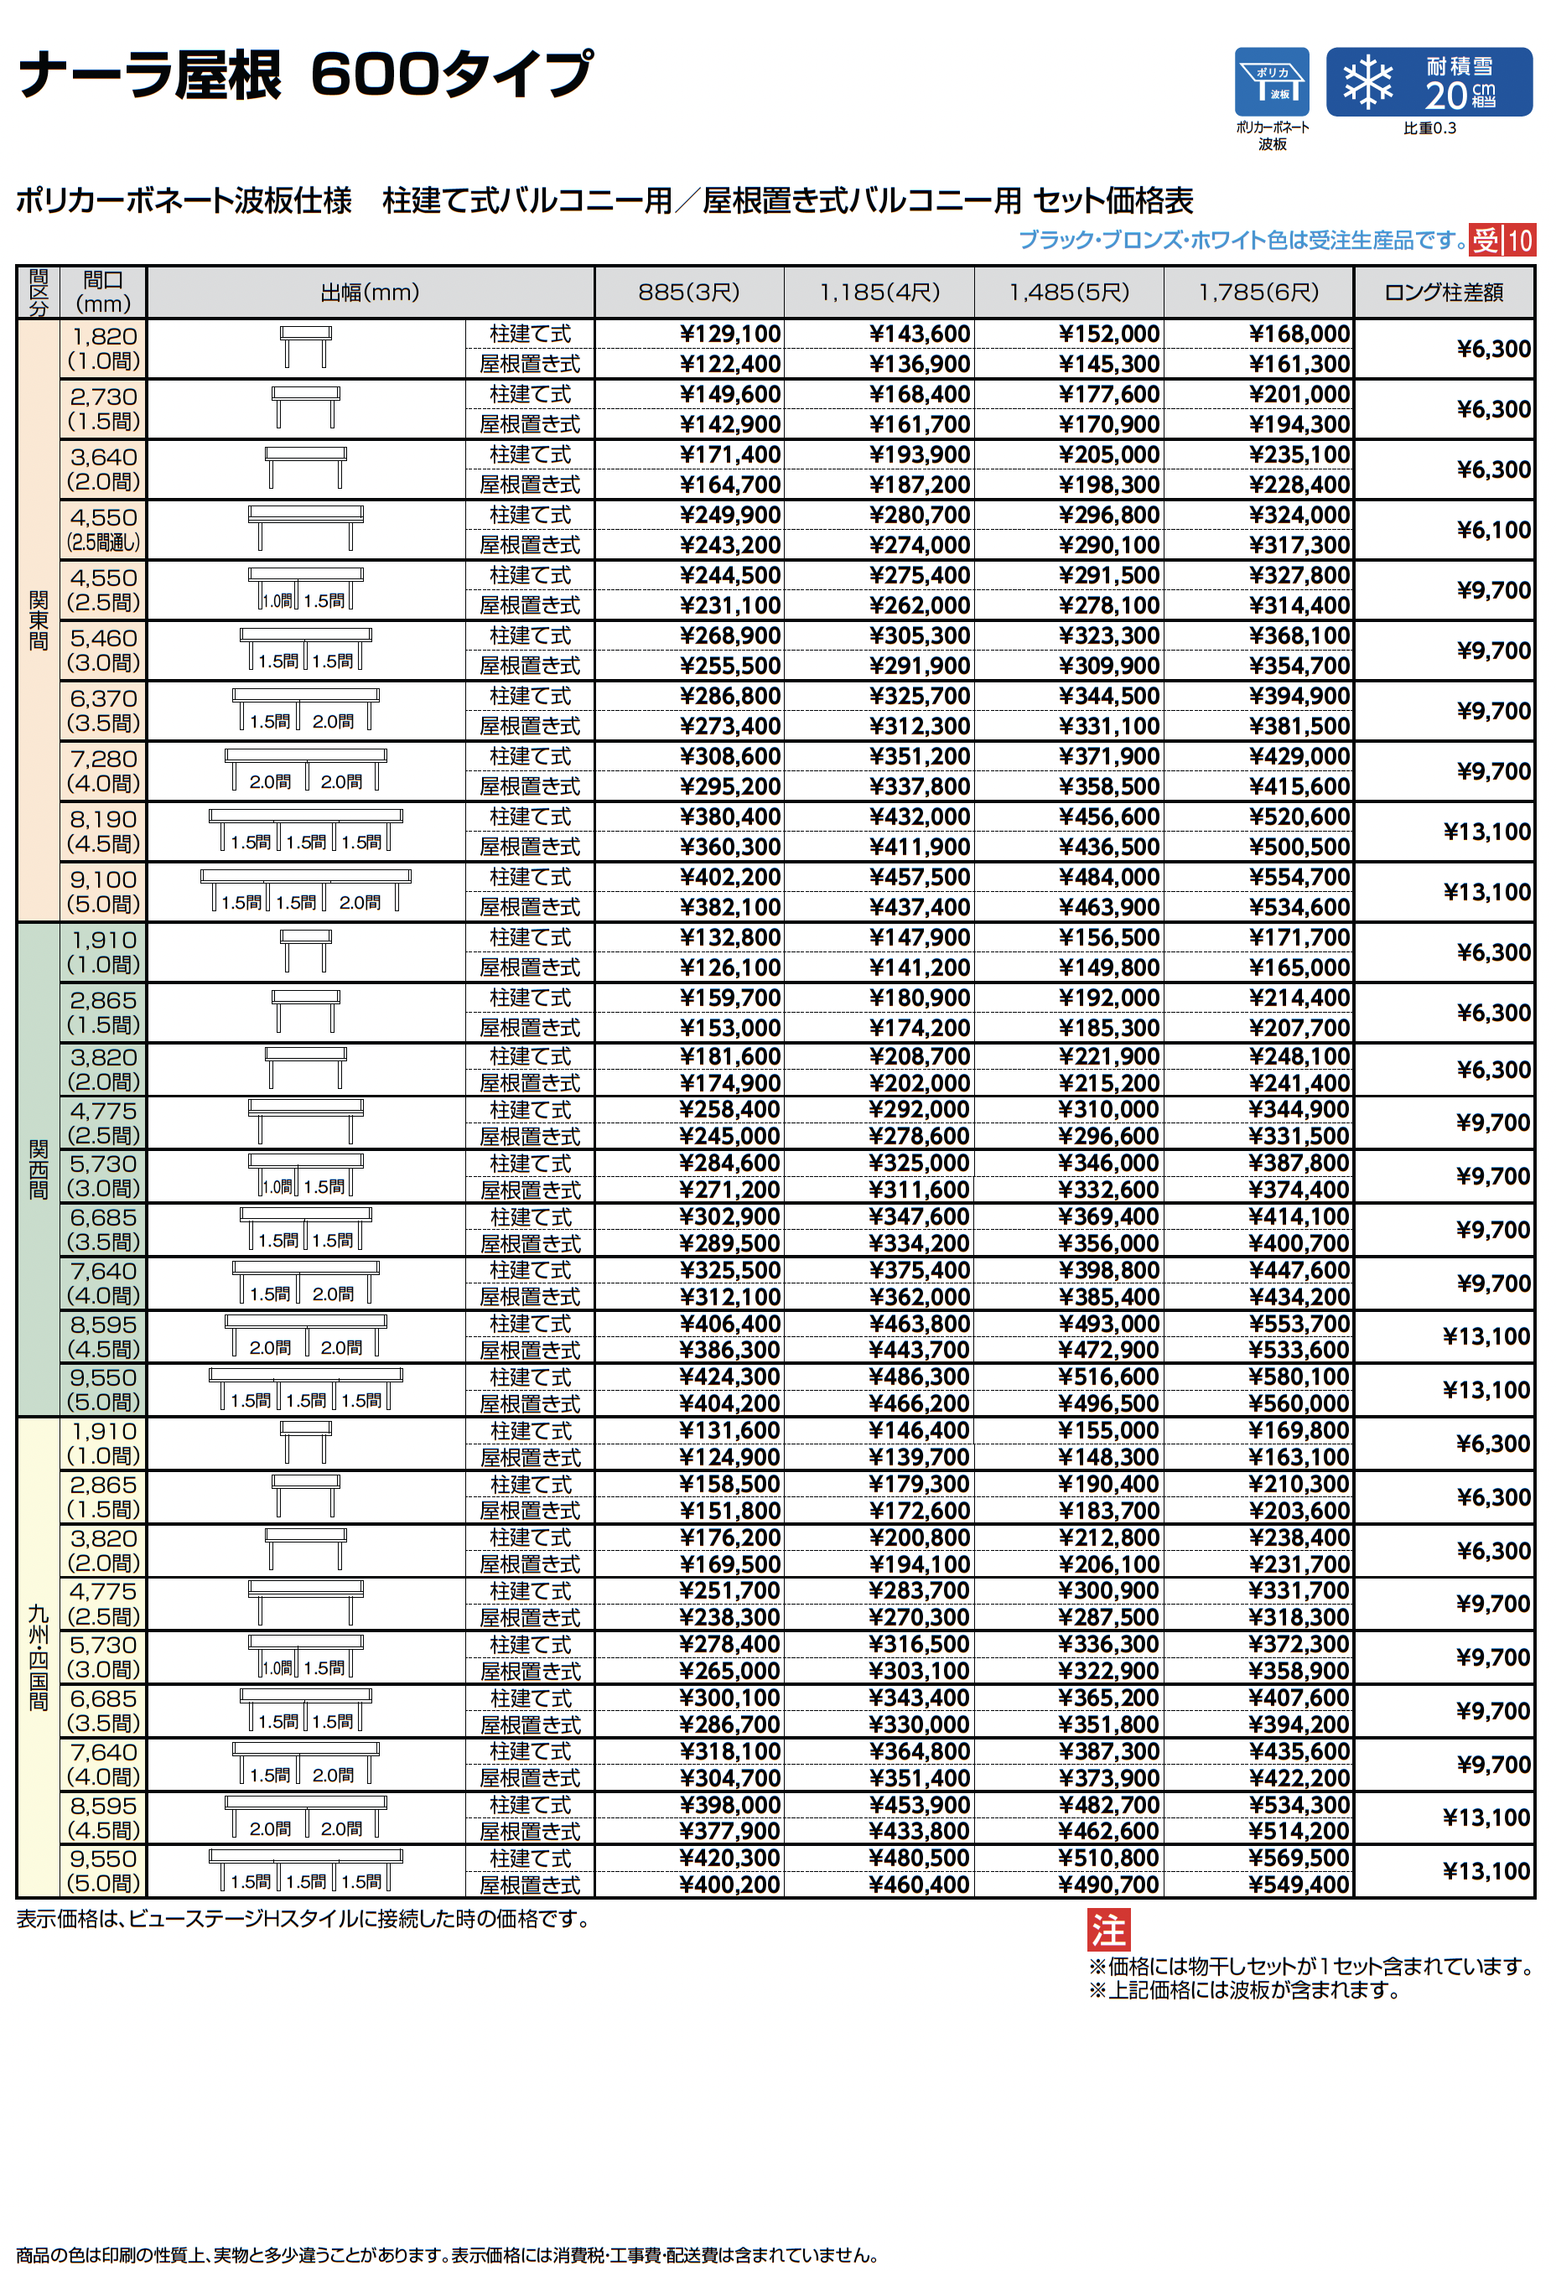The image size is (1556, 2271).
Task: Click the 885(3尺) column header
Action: tap(688, 293)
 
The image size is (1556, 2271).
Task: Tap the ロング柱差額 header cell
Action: tap(1443, 293)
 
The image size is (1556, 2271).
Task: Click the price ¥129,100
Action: tap(729, 334)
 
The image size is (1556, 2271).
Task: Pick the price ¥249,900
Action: tap(729, 515)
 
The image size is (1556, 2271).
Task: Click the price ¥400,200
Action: tap(729, 1885)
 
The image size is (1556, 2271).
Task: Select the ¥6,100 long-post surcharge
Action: tap(1492, 530)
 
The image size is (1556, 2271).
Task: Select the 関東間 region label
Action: tap(38, 620)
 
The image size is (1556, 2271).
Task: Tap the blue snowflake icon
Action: tap(1367, 82)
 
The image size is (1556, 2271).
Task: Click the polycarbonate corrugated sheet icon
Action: tap(1271, 82)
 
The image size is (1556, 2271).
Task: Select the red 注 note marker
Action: tap(1108, 1930)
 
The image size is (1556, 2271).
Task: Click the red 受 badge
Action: tap(1486, 241)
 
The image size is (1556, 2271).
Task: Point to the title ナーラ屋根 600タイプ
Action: tap(305, 75)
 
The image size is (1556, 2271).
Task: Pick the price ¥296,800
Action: tap(1108, 515)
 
